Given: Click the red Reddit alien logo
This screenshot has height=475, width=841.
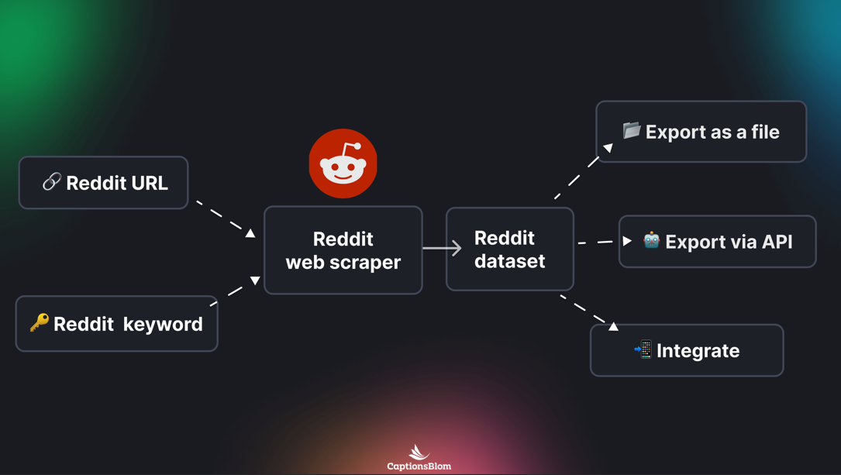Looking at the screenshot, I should tap(343, 163).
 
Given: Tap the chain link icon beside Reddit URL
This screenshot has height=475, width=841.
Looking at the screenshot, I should tap(52, 182).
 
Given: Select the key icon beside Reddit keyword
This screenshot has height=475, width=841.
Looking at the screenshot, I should tap(40, 322).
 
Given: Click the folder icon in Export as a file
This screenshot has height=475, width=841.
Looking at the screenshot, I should tap(632, 130).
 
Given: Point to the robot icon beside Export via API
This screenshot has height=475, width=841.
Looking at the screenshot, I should tap(651, 240).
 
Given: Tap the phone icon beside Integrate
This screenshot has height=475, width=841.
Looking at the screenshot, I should tap(643, 349).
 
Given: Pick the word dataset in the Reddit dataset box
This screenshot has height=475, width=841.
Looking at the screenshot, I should tap(509, 261).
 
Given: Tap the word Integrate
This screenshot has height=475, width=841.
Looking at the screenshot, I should tap(698, 351).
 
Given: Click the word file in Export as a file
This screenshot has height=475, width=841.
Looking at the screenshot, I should tap(763, 133).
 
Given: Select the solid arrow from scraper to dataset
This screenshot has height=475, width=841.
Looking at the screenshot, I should tap(442, 248).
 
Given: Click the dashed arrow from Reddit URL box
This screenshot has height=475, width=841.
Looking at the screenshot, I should tap(224, 218).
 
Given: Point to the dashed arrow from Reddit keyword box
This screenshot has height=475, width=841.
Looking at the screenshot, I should tap(235, 291).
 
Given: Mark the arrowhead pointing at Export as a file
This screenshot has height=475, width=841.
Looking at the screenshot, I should tap(608, 147).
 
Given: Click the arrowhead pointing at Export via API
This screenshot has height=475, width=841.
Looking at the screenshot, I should tap(627, 241).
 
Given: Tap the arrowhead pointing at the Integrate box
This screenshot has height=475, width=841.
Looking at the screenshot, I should tap(613, 326).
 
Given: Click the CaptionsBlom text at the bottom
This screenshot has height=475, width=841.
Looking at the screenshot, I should tap(419, 466).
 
